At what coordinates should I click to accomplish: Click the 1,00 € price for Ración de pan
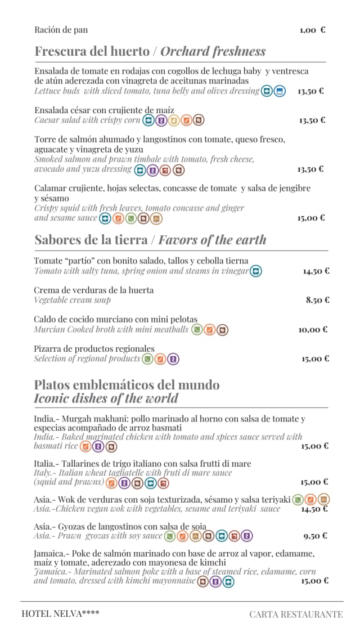(x=312, y=30)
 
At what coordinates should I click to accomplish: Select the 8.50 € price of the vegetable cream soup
(x=318, y=300)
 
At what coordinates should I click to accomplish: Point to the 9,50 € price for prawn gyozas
(x=315, y=536)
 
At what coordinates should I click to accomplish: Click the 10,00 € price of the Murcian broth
(x=313, y=329)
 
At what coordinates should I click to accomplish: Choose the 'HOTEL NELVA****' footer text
(x=60, y=613)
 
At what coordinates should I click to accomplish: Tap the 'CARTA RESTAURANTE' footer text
(x=296, y=614)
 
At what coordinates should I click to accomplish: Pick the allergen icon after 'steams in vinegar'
(x=256, y=271)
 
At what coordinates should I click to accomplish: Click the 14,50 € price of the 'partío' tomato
(x=316, y=271)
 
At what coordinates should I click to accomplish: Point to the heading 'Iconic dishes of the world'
(x=106, y=398)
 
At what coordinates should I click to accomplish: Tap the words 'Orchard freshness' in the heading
(x=213, y=51)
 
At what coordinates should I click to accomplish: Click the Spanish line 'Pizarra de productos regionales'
(x=94, y=349)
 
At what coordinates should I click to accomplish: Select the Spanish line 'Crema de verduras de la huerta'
(x=93, y=290)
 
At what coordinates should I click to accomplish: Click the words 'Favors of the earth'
(x=212, y=240)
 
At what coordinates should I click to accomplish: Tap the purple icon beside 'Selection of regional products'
(x=173, y=359)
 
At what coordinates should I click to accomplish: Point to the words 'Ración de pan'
(x=61, y=30)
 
